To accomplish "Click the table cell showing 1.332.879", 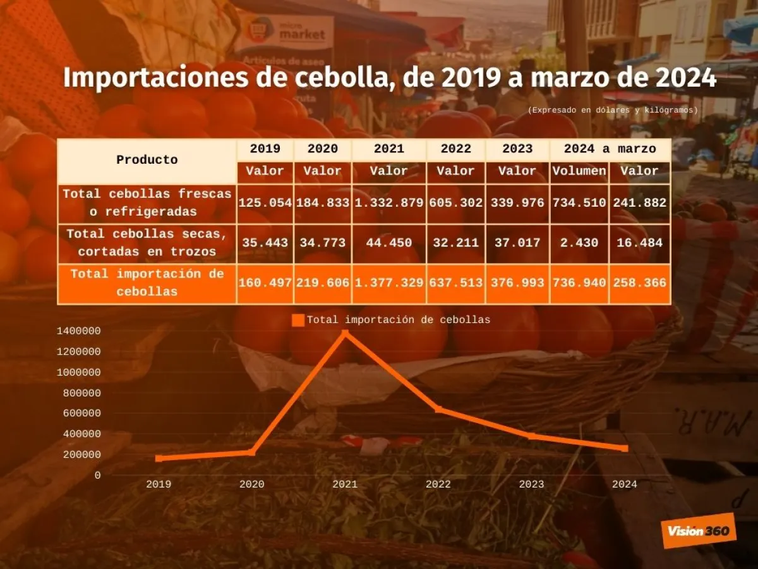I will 389,203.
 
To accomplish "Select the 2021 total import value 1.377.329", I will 389,283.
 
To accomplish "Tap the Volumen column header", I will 579,171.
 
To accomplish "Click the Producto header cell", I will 147,160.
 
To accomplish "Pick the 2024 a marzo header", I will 610,149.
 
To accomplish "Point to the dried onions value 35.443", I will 265,243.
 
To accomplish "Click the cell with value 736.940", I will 579,283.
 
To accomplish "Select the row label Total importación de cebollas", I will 147,283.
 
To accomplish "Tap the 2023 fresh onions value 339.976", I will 517,203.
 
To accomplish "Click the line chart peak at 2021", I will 345,332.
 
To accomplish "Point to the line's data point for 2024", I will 625,448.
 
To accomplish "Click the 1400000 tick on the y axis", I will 78,331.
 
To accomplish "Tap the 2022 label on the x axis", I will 438,484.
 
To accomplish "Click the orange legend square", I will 298,321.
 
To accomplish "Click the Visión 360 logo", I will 698,530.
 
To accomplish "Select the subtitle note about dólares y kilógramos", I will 613,110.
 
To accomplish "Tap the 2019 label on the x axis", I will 158,484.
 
